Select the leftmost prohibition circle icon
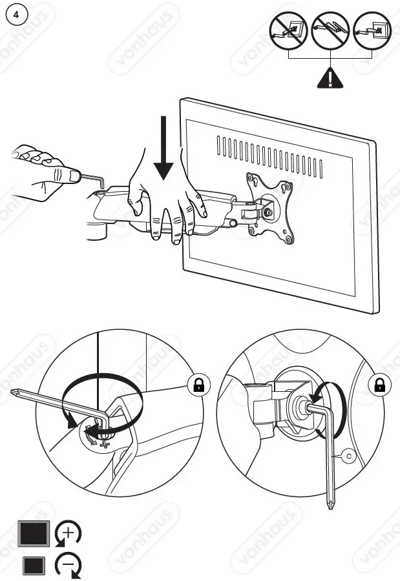tap(288, 30)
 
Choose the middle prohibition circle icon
tap(330, 30)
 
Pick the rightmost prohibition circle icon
tap(373, 30)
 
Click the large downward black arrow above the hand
tap(165, 148)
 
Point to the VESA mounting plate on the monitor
tap(269, 208)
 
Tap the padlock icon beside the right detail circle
tap(379, 385)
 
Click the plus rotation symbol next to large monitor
tap(68, 534)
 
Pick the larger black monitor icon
tap(34, 535)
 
